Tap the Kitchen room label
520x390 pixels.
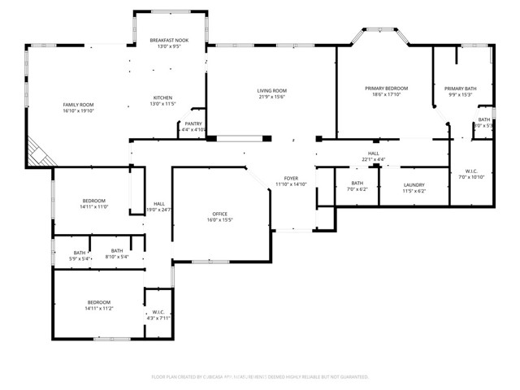point(162,97)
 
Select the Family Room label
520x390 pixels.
point(79,105)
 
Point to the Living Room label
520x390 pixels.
point(272,90)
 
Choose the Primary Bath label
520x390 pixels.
point(459,88)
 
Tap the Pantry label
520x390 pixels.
point(193,123)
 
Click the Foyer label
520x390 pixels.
point(291,178)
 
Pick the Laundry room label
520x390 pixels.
point(414,184)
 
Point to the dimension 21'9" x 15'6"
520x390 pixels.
point(272,97)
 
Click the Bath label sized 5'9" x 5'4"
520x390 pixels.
point(80,253)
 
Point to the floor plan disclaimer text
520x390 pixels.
point(260,377)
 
